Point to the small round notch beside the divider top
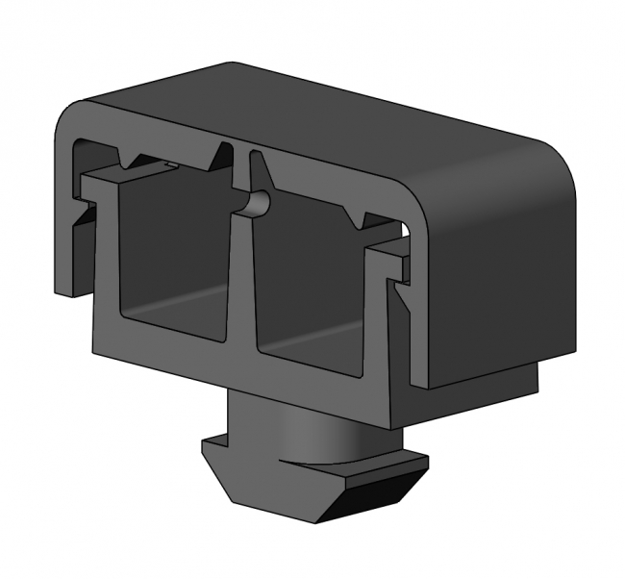pyautogui.click(x=259, y=203)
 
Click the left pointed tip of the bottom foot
pyautogui.click(x=205, y=444)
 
